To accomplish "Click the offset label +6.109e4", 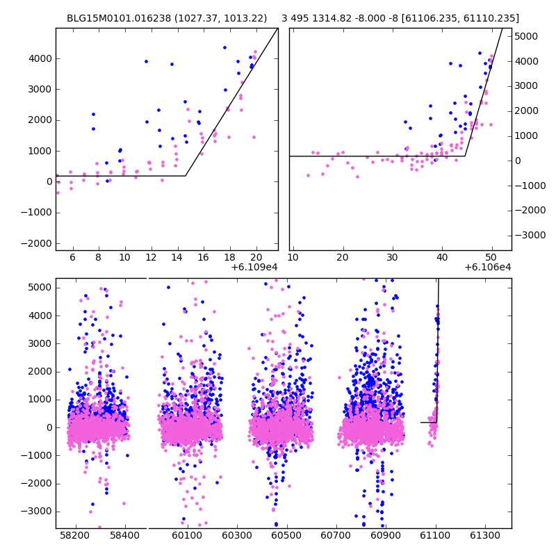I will click(254, 267).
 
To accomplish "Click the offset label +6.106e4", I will click(487, 267).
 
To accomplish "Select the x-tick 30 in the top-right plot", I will click(392, 256).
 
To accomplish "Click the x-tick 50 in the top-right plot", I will click(491, 256).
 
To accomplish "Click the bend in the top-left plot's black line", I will click(186, 176).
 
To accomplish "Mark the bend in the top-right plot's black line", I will click(465, 156).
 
